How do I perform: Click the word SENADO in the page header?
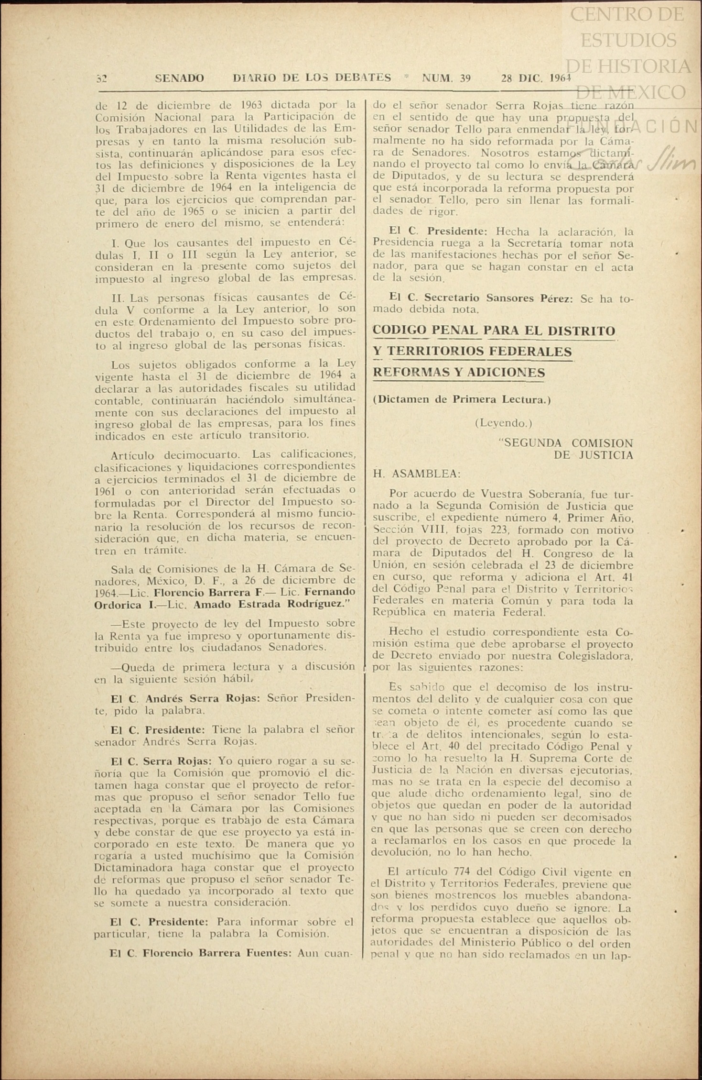pyautogui.click(x=179, y=78)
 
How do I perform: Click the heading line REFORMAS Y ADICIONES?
pyautogui.click(x=458, y=372)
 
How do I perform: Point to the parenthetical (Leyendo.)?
pyautogui.click(x=503, y=423)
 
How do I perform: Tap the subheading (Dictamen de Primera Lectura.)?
pyautogui.click(x=462, y=400)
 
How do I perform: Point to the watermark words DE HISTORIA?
pyautogui.click(x=629, y=66)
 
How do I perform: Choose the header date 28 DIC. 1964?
pyautogui.click(x=536, y=78)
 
